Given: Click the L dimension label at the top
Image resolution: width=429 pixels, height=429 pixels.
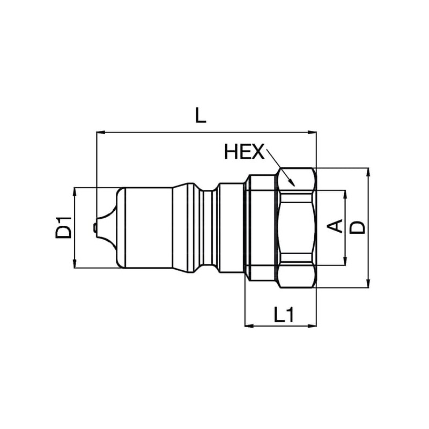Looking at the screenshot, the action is [x=200, y=115].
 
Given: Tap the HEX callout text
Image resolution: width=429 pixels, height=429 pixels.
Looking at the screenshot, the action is [x=245, y=152].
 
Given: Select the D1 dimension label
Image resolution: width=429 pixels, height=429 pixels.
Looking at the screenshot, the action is [x=63, y=227].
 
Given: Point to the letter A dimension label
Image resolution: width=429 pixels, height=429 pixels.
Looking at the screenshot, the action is [x=335, y=226].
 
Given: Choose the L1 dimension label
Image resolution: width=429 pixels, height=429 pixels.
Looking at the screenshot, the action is [x=284, y=314].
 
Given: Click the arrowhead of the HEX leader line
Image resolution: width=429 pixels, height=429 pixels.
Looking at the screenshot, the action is [x=291, y=182].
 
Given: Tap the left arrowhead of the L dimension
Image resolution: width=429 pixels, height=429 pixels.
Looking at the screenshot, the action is [x=101, y=132].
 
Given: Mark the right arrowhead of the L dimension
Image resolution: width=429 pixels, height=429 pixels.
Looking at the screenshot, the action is [x=312, y=132].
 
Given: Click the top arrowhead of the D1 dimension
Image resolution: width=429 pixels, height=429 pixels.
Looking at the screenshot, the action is [x=75, y=192].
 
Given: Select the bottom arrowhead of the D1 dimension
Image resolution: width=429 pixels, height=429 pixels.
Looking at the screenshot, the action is [x=75, y=264].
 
